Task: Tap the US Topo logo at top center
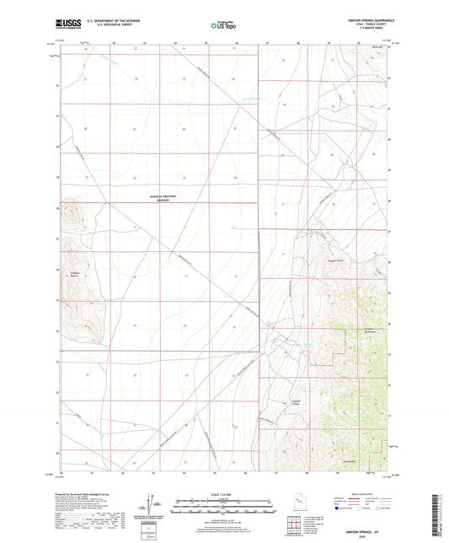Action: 222,27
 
